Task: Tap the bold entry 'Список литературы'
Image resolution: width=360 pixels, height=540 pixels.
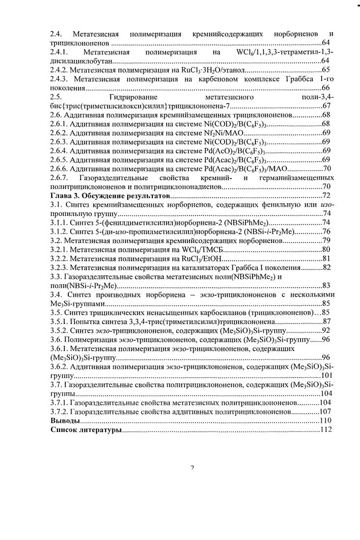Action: point(85,430)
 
